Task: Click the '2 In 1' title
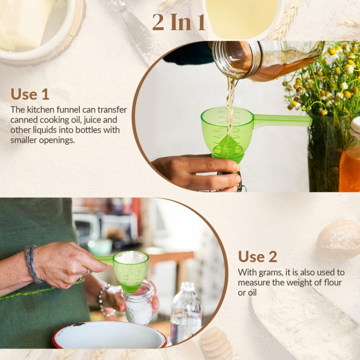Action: (179, 22)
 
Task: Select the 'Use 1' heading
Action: (30, 94)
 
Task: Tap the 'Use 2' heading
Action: (257, 256)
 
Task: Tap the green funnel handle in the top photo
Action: (283, 120)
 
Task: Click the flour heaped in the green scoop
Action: (131, 258)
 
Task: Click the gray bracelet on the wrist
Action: (32, 264)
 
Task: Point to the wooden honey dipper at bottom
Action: (216, 343)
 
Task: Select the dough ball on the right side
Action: (338, 239)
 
